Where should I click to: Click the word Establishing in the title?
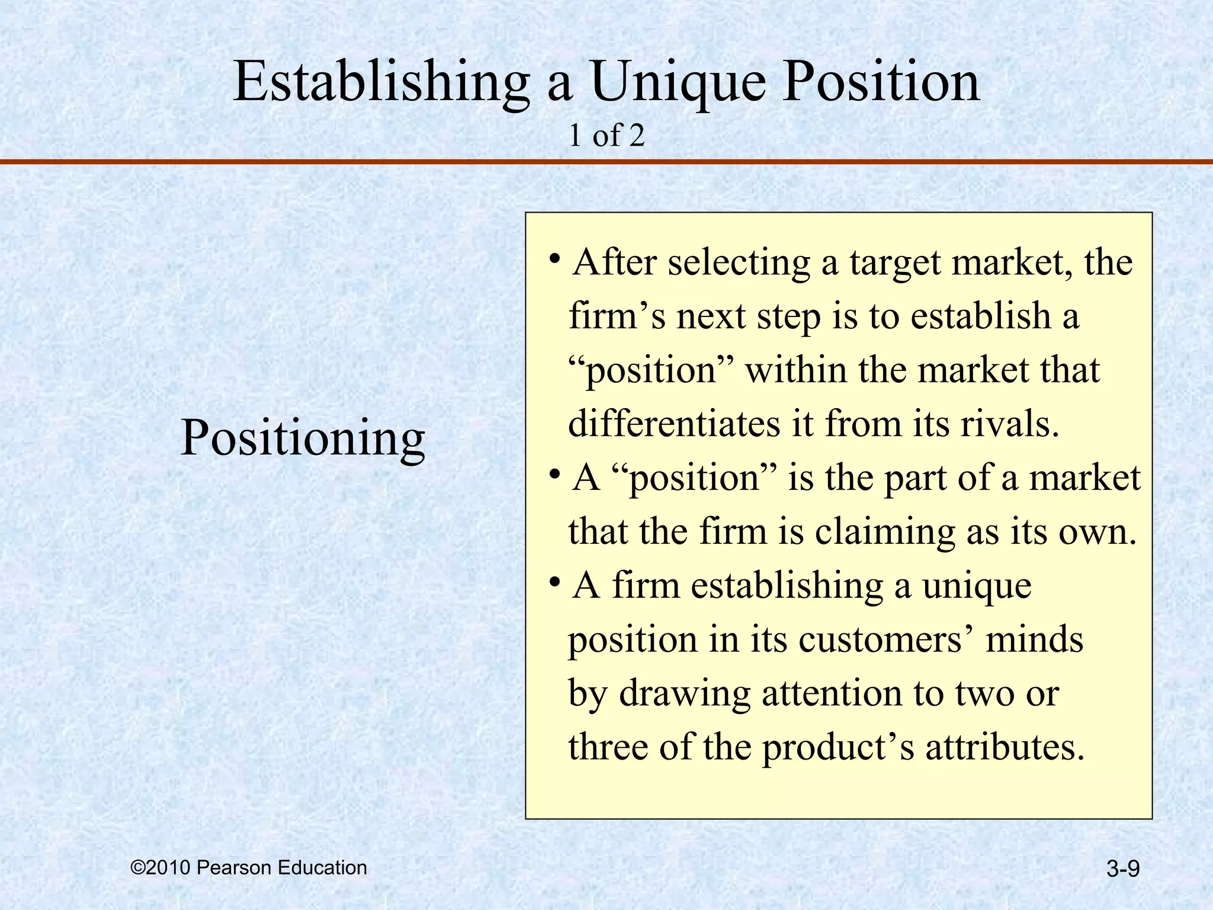click(381, 83)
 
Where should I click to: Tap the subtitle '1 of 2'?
click(606, 136)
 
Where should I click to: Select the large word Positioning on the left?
click(303, 439)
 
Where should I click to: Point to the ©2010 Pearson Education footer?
click(249, 868)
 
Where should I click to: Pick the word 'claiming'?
click(885, 532)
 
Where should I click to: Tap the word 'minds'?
click(1034, 640)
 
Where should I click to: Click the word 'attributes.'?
click(1005, 747)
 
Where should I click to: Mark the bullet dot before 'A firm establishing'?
click(554, 583)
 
